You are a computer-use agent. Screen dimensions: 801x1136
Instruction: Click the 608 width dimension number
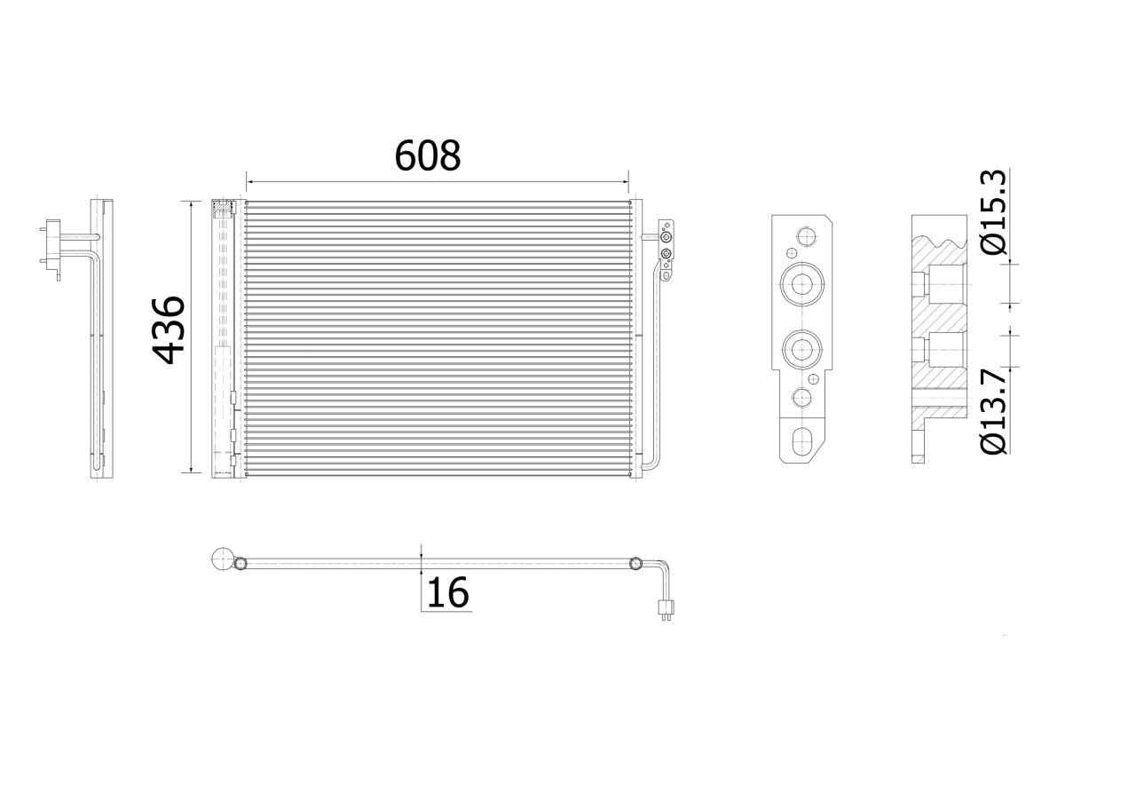pyautogui.click(x=428, y=155)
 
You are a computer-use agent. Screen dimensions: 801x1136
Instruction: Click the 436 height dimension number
pyautogui.click(x=170, y=329)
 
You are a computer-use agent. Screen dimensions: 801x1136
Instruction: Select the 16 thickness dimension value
pyautogui.click(x=448, y=593)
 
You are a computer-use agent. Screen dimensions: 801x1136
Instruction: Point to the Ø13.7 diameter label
pyautogui.click(x=995, y=412)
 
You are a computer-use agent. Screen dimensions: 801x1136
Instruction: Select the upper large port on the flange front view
pyautogui.click(x=802, y=285)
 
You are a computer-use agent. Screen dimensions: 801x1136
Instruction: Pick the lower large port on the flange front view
pyautogui.click(x=802, y=349)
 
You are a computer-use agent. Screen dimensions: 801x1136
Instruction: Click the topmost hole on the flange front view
pyautogui.click(x=805, y=237)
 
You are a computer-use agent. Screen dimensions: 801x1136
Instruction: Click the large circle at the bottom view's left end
pyautogui.click(x=223, y=561)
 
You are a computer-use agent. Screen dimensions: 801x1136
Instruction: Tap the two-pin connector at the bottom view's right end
pyautogui.click(x=664, y=610)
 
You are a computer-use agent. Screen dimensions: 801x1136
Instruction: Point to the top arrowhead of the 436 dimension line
pyautogui.click(x=192, y=205)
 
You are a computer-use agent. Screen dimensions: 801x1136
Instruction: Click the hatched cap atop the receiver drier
pyautogui.click(x=223, y=209)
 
